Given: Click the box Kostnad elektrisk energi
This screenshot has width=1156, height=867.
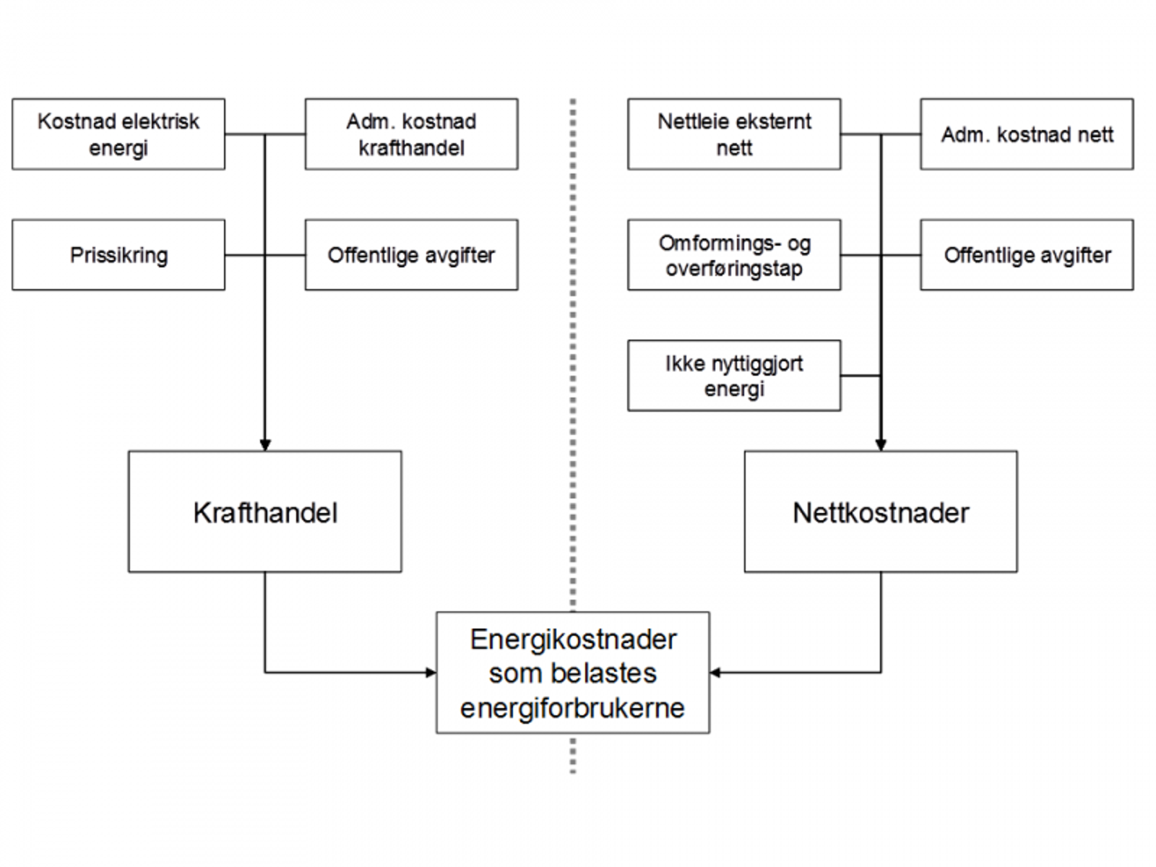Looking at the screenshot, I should (118, 134).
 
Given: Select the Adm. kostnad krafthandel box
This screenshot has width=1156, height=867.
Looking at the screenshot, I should (411, 134).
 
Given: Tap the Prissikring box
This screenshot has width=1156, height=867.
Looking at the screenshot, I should (118, 255).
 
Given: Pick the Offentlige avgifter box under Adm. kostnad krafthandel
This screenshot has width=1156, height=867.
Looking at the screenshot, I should (411, 255).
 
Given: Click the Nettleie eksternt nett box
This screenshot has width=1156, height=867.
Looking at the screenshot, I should (734, 134).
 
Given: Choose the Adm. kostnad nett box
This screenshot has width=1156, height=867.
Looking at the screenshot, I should (1027, 134).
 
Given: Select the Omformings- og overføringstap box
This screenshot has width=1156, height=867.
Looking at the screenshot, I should (734, 255).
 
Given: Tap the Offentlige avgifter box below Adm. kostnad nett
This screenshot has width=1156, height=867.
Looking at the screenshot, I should (1027, 255).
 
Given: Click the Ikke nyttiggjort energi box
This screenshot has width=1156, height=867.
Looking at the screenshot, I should (734, 376).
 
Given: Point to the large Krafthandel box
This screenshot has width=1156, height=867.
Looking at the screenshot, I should (265, 512).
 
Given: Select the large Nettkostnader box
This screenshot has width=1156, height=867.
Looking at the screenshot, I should (881, 512).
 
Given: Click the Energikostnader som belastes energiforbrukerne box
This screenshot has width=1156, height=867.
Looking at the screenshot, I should (572, 673).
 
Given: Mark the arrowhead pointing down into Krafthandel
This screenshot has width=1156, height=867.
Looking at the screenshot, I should (265, 445).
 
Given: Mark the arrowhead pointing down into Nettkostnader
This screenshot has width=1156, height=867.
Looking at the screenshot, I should (881, 445).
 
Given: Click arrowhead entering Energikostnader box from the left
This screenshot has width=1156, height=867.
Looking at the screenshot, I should (431, 673).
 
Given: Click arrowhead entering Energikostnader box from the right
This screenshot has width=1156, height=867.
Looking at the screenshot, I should (715, 673).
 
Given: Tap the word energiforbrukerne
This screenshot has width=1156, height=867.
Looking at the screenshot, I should (572, 707).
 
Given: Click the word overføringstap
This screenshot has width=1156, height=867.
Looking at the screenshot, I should (734, 269).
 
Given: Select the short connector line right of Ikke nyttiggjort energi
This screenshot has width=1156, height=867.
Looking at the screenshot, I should (860, 376).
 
